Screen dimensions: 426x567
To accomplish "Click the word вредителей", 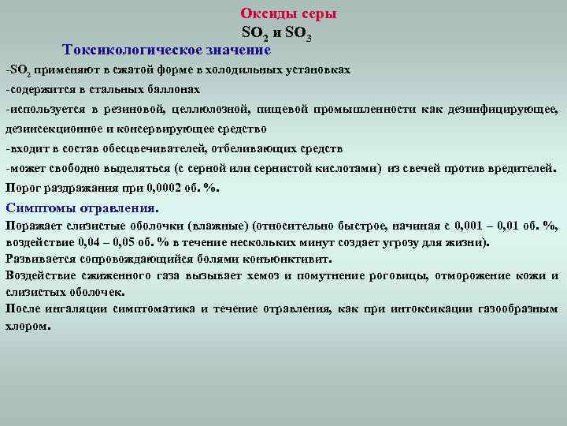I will (x=520, y=167).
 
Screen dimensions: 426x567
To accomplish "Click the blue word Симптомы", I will (x=37, y=208).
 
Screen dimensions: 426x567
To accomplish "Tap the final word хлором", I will (x=26, y=325).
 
